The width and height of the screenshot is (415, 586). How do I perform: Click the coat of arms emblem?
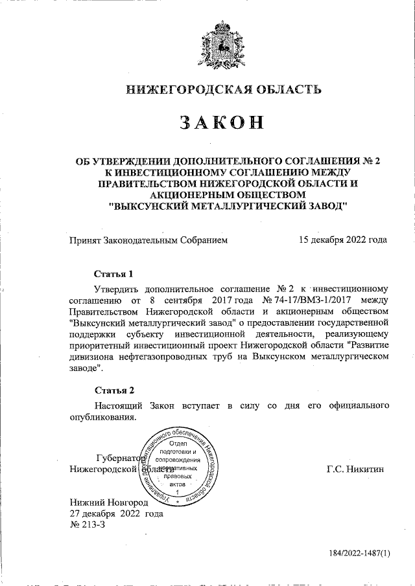pos(222,46)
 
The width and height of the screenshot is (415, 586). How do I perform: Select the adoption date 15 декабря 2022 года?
pos(343,240)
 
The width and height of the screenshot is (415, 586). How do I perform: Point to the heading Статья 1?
pos(114,273)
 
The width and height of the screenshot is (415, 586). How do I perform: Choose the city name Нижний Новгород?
pos(109,502)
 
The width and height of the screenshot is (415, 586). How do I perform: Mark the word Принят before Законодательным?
pos(85,240)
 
